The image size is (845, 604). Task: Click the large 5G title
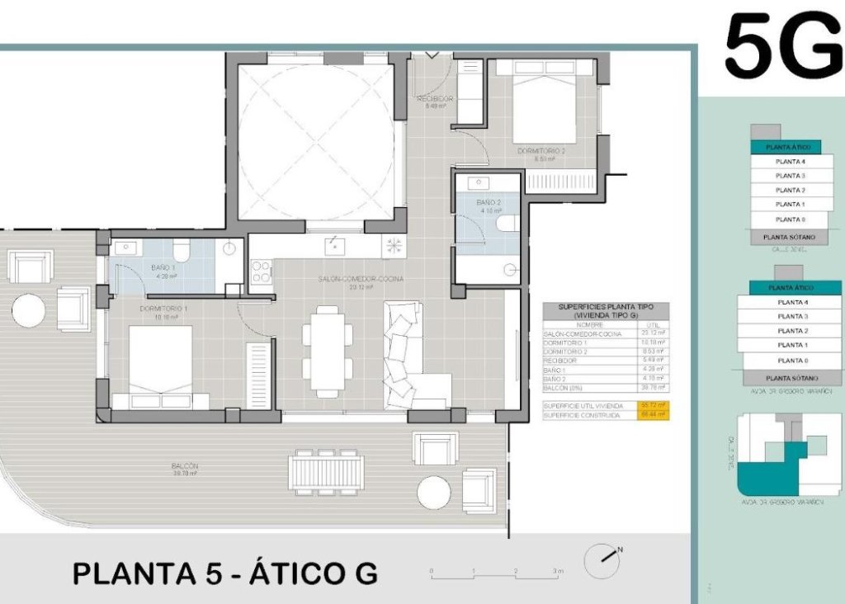click(782, 48)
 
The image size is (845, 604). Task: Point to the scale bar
click(495, 571)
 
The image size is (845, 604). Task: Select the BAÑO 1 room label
click(163, 268)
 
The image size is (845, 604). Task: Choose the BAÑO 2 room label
click(489, 203)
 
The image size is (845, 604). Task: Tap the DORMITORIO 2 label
click(541, 151)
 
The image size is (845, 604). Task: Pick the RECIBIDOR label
click(434, 99)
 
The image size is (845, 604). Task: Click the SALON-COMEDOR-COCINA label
click(361, 280)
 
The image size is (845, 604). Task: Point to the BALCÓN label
click(186, 466)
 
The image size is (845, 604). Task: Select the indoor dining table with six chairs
click(328, 352)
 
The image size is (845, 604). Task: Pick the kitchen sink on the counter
click(334, 245)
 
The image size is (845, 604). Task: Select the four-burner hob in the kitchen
click(261, 271)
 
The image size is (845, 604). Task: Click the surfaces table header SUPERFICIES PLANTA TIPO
click(606, 310)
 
